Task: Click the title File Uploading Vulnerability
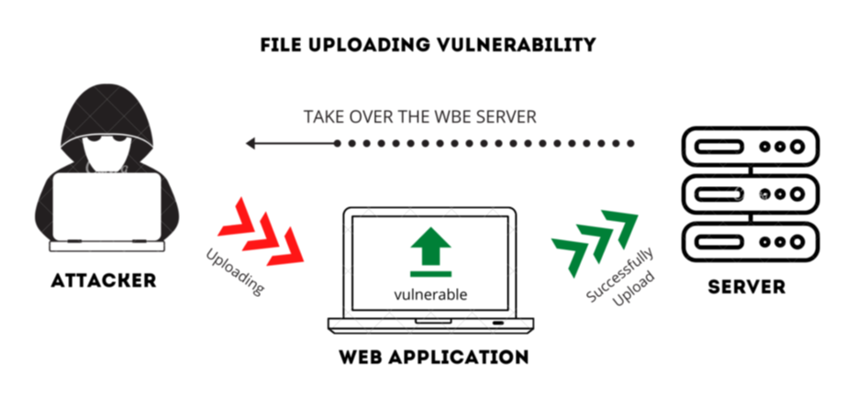[428, 44]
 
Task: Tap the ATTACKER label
[105, 280]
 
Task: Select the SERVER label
[746, 287]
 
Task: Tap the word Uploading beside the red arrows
[234, 270]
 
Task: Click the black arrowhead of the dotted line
[250, 143]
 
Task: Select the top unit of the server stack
[748, 146]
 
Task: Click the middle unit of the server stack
[748, 194]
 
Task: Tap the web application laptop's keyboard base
[430, 324]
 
